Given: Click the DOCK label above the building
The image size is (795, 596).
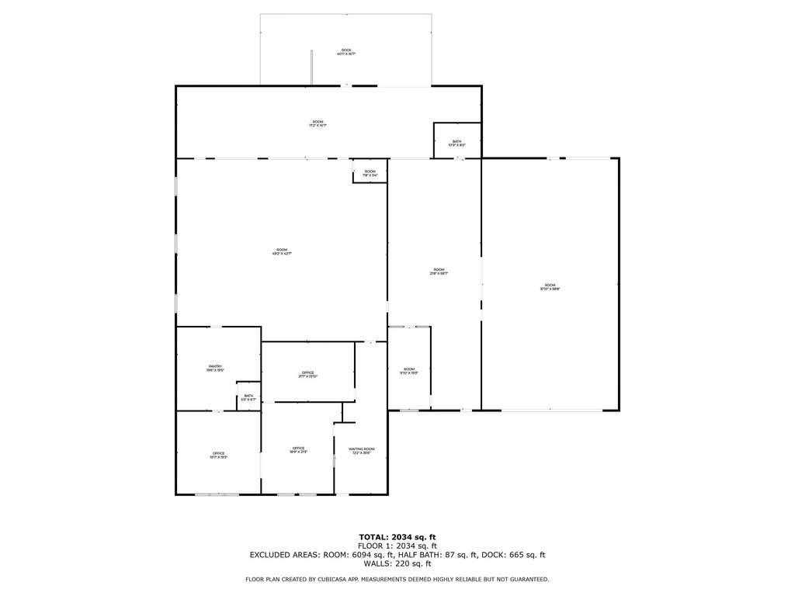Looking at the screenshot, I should (x=346, y=52).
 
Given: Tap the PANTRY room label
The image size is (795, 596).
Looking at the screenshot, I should (x=215, y=368).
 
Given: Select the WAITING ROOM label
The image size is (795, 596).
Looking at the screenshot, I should (x=362, y=451).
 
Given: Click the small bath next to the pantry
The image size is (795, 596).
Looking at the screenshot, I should (x=248, y=397).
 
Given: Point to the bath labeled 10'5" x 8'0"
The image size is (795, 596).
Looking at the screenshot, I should (x=457, y=143).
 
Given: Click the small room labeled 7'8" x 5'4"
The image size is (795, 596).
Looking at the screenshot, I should (x=370, y=173).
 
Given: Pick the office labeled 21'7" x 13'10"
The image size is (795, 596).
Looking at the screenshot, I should (x=308, y=375).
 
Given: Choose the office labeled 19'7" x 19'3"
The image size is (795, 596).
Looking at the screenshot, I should (x=218, y=456).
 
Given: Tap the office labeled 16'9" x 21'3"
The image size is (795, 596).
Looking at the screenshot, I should (x=298, y=450).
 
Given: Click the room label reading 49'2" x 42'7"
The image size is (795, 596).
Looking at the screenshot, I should (x=281, y=251).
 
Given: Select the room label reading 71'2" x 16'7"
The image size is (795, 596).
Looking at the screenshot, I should (x=318, y=123).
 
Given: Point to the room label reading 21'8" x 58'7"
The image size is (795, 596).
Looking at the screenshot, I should (x=439, y=271).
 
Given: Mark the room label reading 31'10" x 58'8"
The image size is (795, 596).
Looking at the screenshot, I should (x=550, y=286).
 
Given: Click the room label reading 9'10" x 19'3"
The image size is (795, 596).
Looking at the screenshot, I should (x=409, y=371).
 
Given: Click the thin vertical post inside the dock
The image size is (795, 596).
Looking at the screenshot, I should (x=312, y=68).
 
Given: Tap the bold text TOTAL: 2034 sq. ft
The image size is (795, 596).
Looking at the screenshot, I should (x=397, y=537).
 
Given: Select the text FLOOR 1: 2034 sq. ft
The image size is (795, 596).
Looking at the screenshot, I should (x=397, y=546).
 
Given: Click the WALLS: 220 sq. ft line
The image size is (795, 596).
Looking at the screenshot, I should (x=397, y=564).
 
